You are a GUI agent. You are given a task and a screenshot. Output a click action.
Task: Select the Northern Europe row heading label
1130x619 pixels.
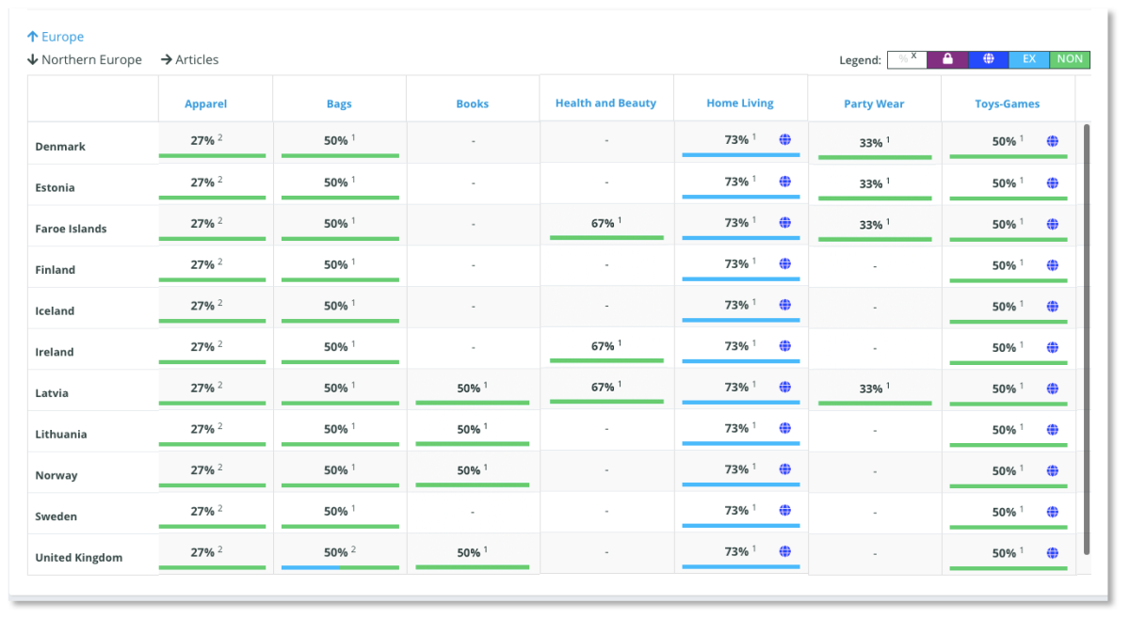click(91, 59)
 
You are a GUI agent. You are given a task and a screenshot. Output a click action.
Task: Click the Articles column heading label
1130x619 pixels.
click(196, 59)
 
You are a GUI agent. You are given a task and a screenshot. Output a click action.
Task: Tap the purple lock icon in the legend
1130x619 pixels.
click(948, 59)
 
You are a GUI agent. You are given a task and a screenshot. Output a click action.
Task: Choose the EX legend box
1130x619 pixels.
click(1029, 59)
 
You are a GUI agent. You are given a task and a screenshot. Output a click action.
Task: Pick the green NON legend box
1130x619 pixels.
click(1070, 59)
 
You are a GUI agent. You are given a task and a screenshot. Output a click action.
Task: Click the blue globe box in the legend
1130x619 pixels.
click(989, 59)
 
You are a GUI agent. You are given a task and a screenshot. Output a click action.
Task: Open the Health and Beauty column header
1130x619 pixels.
click(605, 103)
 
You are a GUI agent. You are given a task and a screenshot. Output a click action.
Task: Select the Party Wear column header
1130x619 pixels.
click(874, 104)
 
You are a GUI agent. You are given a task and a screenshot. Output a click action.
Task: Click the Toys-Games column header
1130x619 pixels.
click(1007, 104)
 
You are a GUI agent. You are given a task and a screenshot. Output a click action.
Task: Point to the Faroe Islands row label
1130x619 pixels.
click(71, 229)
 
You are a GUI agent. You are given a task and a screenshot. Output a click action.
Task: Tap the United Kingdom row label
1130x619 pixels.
click(78, 558)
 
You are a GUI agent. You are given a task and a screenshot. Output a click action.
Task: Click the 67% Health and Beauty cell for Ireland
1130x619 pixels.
click(605, 346)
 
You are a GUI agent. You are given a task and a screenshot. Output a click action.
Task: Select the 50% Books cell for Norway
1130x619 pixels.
click(472, 470)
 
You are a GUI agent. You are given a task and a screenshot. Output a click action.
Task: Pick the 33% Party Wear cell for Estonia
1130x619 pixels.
click(874, 184)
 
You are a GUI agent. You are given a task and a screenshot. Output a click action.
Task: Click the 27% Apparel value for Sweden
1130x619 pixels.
click(203, 512)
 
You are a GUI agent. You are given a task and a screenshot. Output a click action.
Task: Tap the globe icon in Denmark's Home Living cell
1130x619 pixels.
click(785, 140)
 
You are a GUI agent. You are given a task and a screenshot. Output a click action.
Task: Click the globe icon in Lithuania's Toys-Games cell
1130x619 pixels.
click(1053, 430)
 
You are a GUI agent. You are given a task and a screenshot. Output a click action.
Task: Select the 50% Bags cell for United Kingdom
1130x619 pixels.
click(338, 553)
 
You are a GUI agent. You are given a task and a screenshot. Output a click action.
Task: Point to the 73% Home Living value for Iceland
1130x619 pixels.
click(737, 306)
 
